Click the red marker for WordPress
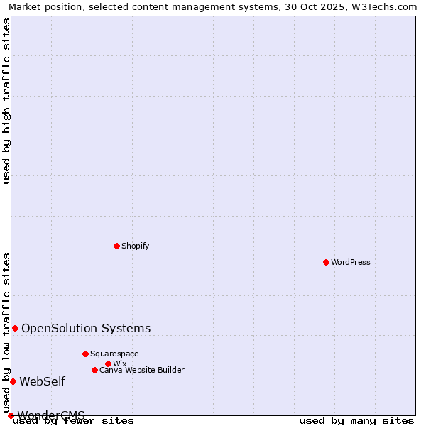tap(326, 262)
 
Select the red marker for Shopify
tap(116, 246)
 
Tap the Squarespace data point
tap(85, 354)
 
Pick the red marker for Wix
tap(108, 364)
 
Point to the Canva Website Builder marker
tap(94, 370)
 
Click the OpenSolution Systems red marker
tap(15, 328)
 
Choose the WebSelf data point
tap(13, 381)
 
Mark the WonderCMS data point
tap(11, 415)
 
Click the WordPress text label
tap(351, 262)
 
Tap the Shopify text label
tap(135, 246)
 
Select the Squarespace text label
tap(114, 354)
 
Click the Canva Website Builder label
tap(141, 370)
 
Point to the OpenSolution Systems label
tap(86, 328)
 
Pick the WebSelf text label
tap(42, 381)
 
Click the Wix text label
tap(119, 364)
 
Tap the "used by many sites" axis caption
tap(356, 420)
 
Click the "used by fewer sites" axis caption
tap(74, 420)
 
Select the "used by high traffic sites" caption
tap(6, 101)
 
